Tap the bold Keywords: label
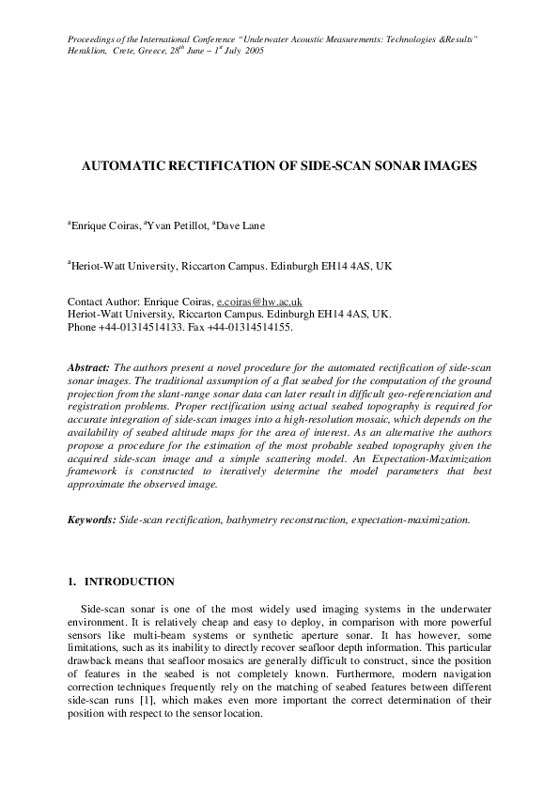93,519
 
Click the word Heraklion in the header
87,50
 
